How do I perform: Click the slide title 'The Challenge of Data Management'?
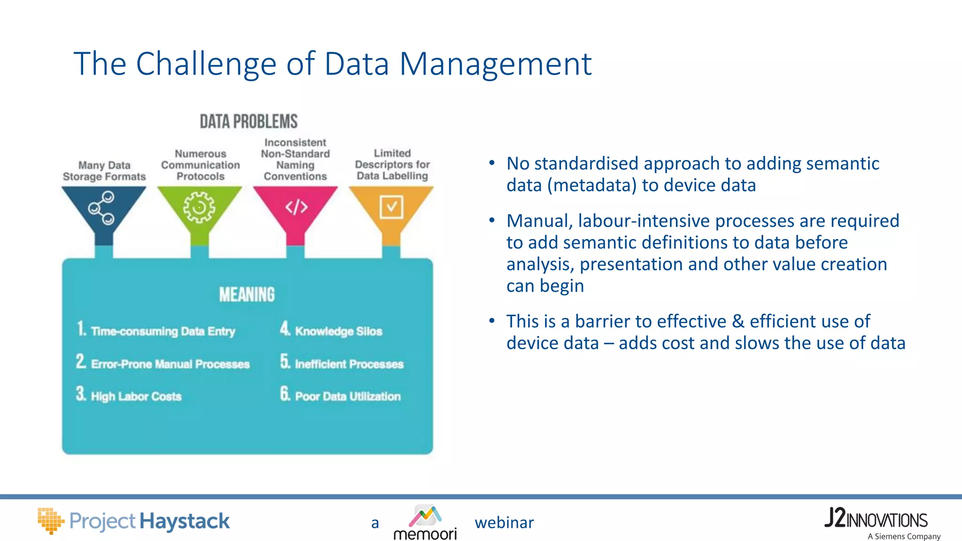point(332,64)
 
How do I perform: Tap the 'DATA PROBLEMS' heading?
point(248,122)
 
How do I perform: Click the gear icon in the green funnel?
point(199,207)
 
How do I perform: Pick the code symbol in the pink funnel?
point(296,207)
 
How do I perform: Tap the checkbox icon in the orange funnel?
point(391,207)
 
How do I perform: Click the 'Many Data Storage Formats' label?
point(104,171)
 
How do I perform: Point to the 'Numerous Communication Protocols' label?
point(201,165)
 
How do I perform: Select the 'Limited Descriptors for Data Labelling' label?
point(392,164)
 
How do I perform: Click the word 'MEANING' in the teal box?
point(247,295)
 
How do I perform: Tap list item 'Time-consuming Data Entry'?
point(163,331)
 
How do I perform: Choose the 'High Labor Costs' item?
point(136,396)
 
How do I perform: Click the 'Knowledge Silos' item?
point(338,331)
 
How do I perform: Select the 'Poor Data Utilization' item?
point(348,396)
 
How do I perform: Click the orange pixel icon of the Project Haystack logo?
point(50,520)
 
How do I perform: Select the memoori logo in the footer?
point(425,522)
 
